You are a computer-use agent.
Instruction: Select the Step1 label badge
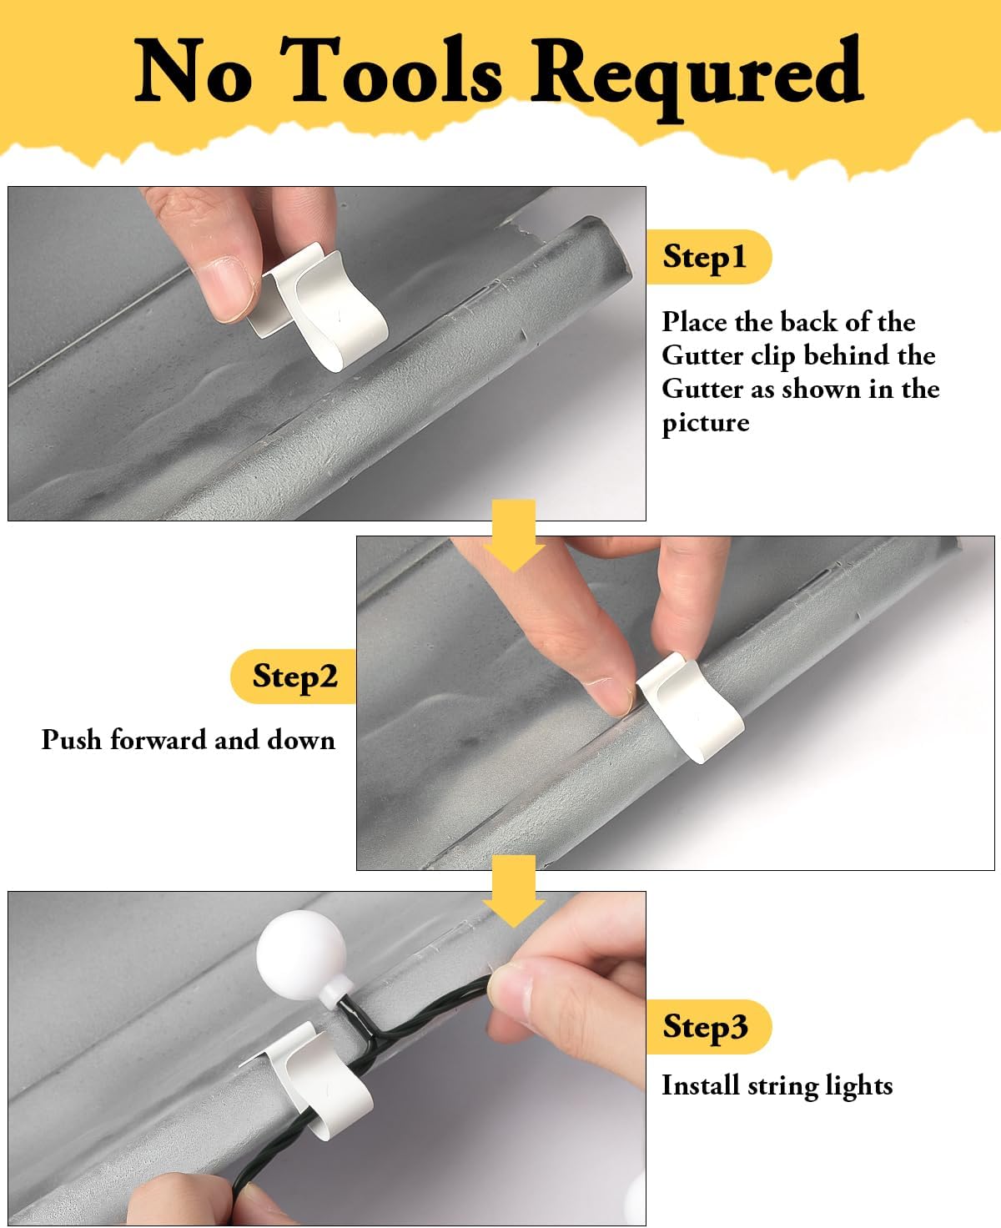click(709, 257)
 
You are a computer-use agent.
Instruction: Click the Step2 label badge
click(294, 676)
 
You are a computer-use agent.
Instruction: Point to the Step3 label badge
click(709, 1027)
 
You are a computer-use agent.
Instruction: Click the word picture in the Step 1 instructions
click(705, 423)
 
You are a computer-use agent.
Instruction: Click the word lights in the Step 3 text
click(857, 1086)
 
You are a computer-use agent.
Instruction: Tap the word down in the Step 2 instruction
click(301, 739)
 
